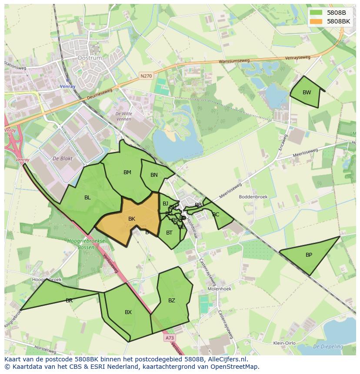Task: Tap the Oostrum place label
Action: point(89,58)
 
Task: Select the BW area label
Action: point(307,92)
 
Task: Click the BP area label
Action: point(309,255)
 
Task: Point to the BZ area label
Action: point(172,300)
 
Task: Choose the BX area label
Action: point(128,312)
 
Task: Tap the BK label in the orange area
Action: point(132,219)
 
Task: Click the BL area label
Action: point(87,198)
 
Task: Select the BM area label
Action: point(127,172)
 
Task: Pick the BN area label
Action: point(154,175)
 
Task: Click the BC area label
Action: point(216,215)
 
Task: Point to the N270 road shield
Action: point(146,76)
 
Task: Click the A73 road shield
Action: point(170,338)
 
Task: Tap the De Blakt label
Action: point(62,159)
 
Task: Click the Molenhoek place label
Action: point(220,288)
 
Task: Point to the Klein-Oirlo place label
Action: point(285,343)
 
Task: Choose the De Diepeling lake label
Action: point(328,347)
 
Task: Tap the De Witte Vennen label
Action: point(123,116)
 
